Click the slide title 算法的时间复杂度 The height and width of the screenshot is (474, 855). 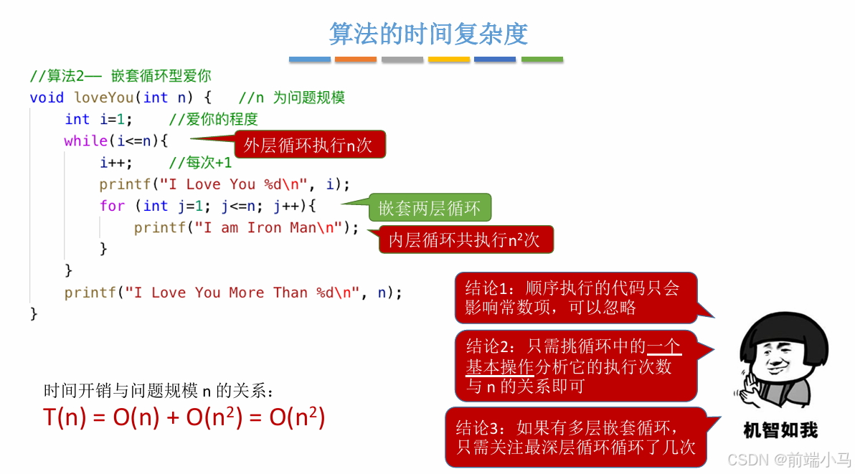click(427, 33)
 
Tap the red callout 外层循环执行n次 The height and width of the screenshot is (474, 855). click(308, 145)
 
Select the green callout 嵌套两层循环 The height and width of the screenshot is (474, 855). click(430, 208)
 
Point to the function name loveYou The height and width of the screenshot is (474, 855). click(103, 98)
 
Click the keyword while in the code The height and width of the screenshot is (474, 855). click(85, 141)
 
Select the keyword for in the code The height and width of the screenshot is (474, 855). click(112, 207)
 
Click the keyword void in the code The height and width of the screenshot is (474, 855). click(47, 98)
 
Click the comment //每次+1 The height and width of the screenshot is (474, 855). click(200, 163)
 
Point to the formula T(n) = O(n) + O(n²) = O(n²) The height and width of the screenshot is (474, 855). click(184, 417)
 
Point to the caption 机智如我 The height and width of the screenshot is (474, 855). click(780, 430)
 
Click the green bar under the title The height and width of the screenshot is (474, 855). click(542, 60)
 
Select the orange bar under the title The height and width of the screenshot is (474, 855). click(356, 60)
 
